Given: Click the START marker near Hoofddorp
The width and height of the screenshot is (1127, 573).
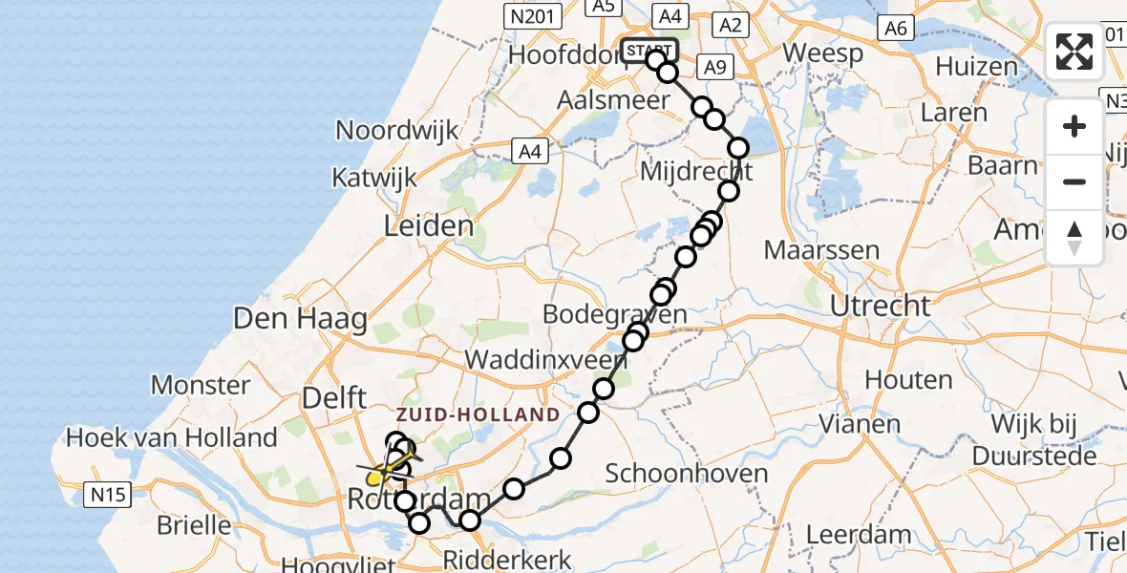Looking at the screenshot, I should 649,51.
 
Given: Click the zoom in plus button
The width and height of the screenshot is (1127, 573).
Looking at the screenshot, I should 1074,127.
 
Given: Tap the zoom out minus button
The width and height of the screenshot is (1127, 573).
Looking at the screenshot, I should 1074,181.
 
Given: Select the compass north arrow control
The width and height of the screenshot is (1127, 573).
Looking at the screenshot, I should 1074,237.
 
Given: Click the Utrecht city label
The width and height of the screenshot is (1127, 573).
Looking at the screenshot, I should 880,307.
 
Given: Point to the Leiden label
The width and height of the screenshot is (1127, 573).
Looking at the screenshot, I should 428,227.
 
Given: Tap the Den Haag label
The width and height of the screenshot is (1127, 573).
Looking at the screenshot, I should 300,318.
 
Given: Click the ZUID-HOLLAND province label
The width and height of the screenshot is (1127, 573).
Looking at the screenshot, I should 478,414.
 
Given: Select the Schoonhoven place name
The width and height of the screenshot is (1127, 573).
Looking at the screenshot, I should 687,474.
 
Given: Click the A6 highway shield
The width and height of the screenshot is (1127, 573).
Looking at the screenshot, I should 895,29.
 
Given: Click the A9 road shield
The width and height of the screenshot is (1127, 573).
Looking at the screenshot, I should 714,66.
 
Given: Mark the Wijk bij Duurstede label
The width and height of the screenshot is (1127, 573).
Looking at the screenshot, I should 1031,439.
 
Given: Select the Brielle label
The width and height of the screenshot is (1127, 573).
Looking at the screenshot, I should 194,524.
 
